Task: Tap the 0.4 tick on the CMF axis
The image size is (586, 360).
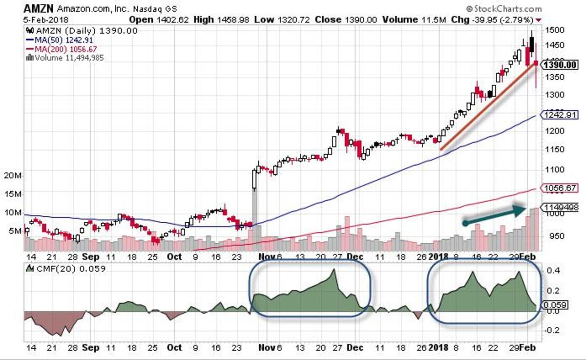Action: coord(552,270)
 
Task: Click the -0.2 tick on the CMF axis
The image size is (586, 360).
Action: coord(552,330)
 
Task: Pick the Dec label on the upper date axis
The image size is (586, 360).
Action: coord(355,256)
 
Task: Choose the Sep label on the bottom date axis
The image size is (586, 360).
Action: coord(91,348)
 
